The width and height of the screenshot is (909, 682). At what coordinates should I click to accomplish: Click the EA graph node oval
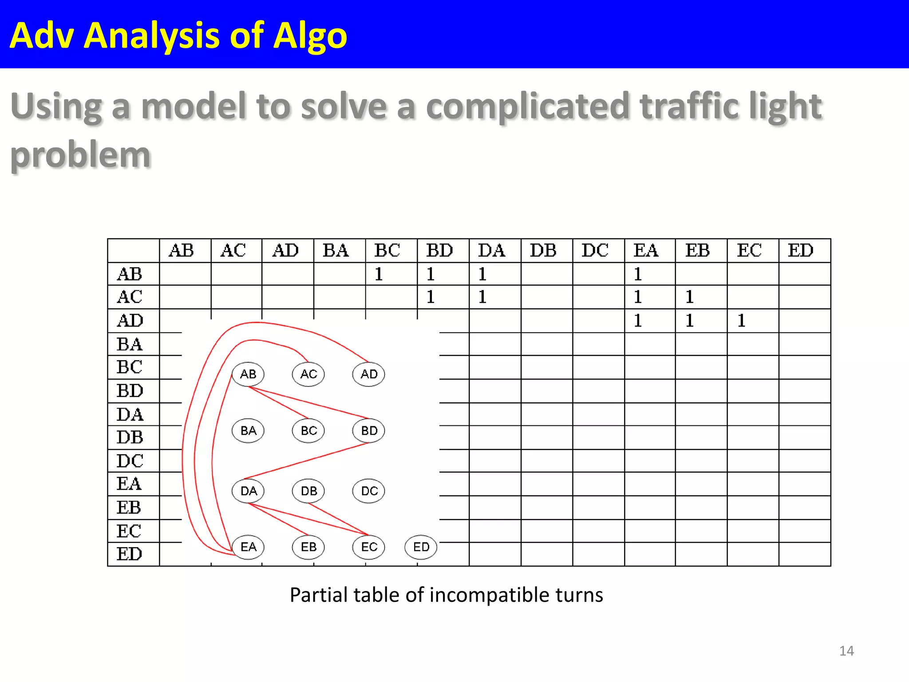click(248, 547)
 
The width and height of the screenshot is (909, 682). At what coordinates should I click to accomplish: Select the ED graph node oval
click(421, 547)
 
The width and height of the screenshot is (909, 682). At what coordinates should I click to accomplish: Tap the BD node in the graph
click(369, 431)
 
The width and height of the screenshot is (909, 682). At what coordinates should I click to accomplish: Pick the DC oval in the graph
click(369, 491)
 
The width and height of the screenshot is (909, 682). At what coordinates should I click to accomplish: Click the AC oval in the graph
click(308, 374)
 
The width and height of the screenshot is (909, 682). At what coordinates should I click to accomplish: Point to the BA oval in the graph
click(248, 431)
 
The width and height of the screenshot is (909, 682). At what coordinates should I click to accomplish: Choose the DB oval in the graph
click(308, 491)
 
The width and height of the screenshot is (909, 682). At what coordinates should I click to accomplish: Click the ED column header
click(801, 251)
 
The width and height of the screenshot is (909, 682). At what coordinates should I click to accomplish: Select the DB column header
click(543, 251)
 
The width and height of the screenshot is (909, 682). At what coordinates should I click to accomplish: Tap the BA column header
click(336, 251)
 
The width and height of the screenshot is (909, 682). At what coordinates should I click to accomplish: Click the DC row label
click(130, 461)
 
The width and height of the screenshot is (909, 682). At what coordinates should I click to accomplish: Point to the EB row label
click(129, 508)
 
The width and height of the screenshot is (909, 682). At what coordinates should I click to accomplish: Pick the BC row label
click(129, 367)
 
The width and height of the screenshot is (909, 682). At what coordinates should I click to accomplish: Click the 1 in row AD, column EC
click(741, 321)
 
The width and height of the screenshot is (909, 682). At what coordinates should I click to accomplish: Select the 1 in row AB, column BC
click(379, 274)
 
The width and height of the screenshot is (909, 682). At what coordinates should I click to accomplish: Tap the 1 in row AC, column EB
click(689, 297)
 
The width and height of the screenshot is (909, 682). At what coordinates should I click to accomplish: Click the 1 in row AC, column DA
click(482, 297)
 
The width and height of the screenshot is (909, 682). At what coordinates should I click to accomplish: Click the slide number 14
click(846, 651)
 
